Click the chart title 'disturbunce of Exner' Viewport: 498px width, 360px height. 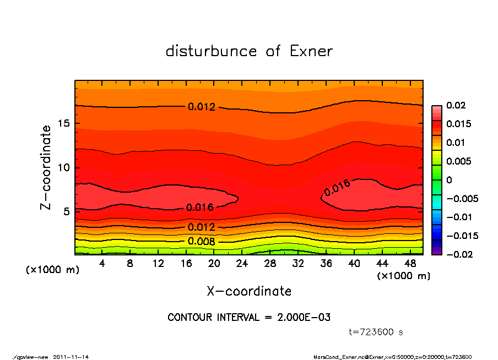249,51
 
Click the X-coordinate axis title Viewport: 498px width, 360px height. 249,291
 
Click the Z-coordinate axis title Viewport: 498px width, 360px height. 46,167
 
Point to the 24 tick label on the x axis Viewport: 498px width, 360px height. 242,264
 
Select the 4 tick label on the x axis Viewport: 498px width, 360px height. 102,264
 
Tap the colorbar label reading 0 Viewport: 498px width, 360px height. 448,180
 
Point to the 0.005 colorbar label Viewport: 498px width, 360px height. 458,161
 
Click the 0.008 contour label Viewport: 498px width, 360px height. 201,241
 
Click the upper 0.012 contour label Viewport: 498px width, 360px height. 201,107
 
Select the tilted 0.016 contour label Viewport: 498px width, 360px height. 337,188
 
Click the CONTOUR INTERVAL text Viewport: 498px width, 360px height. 249,317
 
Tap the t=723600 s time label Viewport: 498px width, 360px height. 376,332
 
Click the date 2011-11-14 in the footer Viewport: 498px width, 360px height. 71,357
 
